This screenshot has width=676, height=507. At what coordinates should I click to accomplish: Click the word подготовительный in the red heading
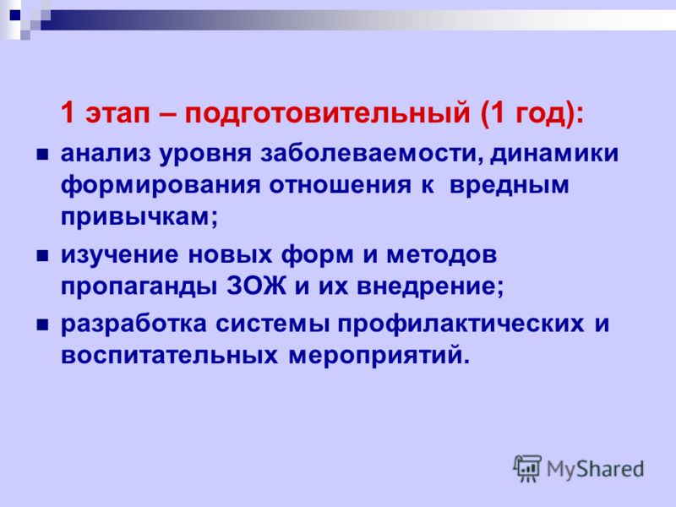[x=327, y=114]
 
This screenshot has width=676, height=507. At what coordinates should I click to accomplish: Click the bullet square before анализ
[x=42, y=155]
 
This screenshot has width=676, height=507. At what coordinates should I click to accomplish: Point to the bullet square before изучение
[x=42, y=257]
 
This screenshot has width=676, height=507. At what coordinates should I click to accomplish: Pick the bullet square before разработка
[x=42, y=324]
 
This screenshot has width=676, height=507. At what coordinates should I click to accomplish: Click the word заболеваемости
[x=373, y=154]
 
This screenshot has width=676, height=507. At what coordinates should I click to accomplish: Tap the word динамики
[x=554, y=154]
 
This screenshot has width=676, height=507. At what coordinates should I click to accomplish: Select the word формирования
[x=161, y=185]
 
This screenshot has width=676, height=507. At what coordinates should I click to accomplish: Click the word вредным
[x=510, y=185]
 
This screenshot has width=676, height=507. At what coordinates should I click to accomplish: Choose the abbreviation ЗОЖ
[x=257, y=286]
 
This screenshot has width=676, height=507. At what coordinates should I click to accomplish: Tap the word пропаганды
[x=139, y=287]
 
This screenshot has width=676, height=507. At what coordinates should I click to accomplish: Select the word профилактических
[x=461, y=324]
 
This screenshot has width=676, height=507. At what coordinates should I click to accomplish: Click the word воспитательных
[x=170, y=356]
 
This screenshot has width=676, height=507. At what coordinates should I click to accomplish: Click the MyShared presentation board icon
[x=527, y=468]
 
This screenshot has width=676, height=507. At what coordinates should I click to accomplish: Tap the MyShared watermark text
[x=596, y=470]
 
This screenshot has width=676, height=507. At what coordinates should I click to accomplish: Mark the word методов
[x=442, y=255]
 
